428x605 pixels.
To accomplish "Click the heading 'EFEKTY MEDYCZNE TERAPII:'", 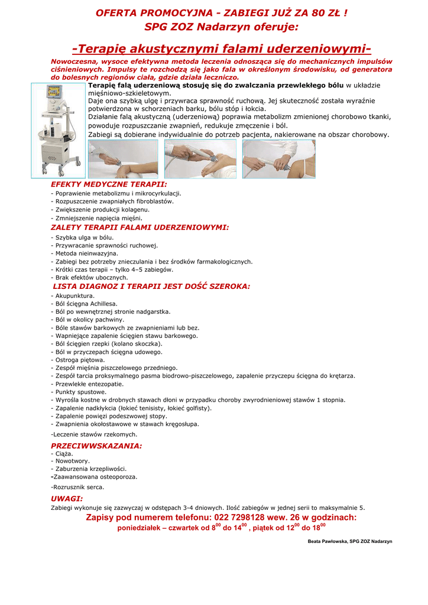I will [x=100, y=184].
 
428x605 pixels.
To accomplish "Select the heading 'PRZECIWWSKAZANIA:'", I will [x=96, y=445].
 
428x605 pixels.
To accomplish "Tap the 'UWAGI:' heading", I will [x=67, y=499].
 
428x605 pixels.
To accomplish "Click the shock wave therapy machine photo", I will [x=59, y=131].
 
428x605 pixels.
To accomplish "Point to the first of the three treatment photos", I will [x=123, y=159].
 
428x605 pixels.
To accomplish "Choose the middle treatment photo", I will [x=200, y=159].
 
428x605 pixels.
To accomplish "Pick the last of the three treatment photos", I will [x=278, y=159].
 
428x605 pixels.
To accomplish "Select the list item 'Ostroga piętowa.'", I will [x=79, y=360].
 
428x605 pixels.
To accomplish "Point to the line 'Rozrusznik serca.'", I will [x=79, y=487].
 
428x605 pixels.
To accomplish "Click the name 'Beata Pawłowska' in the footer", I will [x=326, y=542].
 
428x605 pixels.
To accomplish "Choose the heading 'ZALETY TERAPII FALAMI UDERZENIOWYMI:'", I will [x=140, y=227].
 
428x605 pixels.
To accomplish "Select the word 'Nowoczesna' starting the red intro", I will [x=73, y=61].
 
